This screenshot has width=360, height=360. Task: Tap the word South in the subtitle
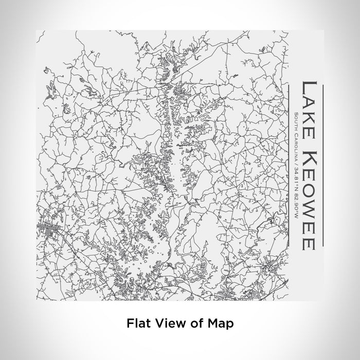coord(296,120)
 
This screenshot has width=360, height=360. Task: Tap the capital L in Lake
coord(308,85)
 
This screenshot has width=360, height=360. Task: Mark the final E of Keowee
coord(308,242)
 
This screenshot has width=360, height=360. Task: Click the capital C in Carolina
coord(296,133)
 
